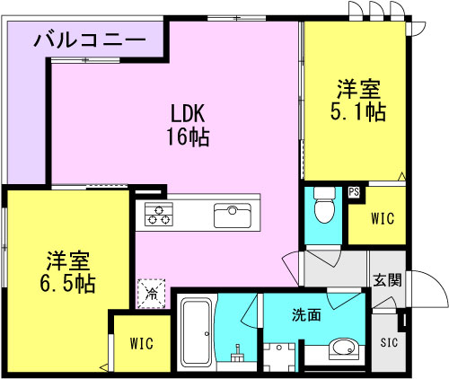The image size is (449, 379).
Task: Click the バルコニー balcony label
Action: point(91,40)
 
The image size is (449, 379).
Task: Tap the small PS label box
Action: point(355,192)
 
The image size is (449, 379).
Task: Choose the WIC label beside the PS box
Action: point(383,218)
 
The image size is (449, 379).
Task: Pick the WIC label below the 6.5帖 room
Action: point(141,343)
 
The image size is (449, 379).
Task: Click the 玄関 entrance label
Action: point(387,278)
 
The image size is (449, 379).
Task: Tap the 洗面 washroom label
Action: point(305,315)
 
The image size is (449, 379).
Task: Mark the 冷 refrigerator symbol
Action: point(152,292)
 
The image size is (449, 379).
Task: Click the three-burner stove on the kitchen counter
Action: point(160,216)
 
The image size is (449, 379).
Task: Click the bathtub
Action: point(197,331)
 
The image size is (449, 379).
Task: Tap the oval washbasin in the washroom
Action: point(343,348)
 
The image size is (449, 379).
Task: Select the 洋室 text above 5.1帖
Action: point(359,90)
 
